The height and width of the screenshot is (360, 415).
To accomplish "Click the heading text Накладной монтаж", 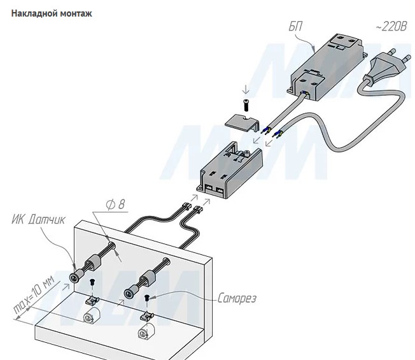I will [52, 14].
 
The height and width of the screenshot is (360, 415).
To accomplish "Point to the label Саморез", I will [237, 299].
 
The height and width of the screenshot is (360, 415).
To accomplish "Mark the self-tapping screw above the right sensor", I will [148, 298].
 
